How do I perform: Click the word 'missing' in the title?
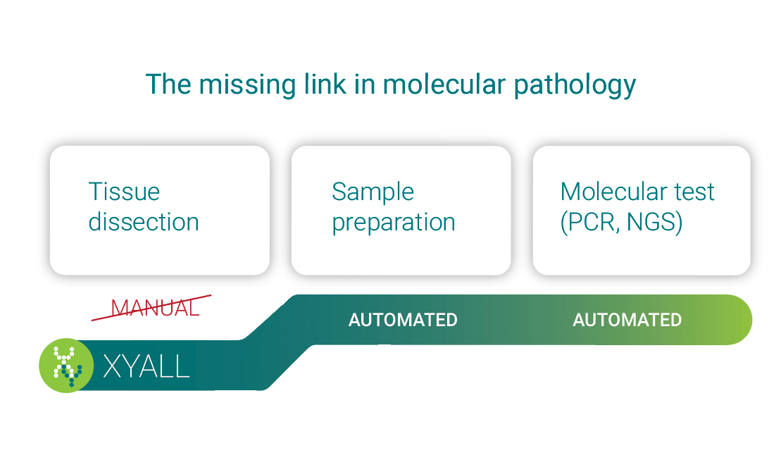[x=247, y=85]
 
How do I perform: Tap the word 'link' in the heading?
[x=325, y=83]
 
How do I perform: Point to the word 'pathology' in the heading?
[x=575, y=85]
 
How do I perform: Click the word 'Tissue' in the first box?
[x=124, y=192]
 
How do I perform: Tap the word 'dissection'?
[x=144, y=222]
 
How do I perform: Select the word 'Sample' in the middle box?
[x=373, y=192]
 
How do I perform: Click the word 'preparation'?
[x=394, y=223]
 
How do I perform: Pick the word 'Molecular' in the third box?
[x=613, y=192]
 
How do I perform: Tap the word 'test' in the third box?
[x=694, y=192]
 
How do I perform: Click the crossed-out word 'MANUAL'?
[x=155, y=309]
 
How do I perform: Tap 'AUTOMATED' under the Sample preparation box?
[x=403, y=320]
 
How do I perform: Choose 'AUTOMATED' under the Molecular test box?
[x=627, y=320]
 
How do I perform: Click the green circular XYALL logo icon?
[x=66, y=366]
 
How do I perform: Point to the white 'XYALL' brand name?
[x=146, y=366]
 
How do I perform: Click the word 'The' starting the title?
[x=168, y=83]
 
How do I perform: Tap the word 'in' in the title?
[x=364, y=83]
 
